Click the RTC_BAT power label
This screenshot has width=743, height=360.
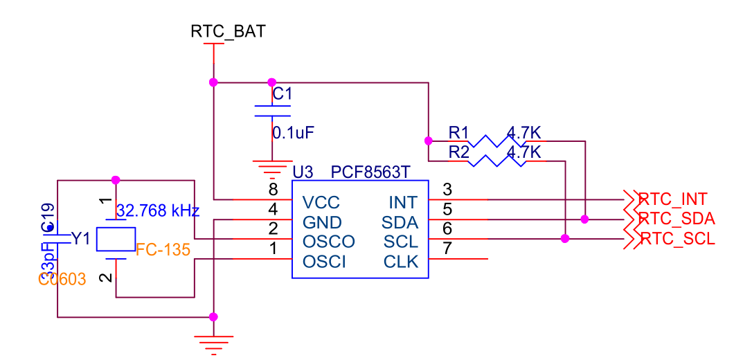click(228, 31)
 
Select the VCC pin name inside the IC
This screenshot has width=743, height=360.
click(321, 202)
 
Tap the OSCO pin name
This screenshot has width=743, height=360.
click(328, 242)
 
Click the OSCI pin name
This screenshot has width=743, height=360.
click(324, 262)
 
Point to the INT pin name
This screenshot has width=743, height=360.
click(404, 202)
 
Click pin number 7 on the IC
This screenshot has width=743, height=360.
click(447, 248)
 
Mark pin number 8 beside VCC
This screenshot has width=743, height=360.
click(274, 189)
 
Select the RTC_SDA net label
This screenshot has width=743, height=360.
click(677, 219)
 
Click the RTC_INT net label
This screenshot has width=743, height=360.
click(673, 199)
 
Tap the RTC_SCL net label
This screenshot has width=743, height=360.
click(677, 240)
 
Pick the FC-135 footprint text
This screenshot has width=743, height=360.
click(163, 250)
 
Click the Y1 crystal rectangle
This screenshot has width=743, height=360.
click(116, 240)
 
